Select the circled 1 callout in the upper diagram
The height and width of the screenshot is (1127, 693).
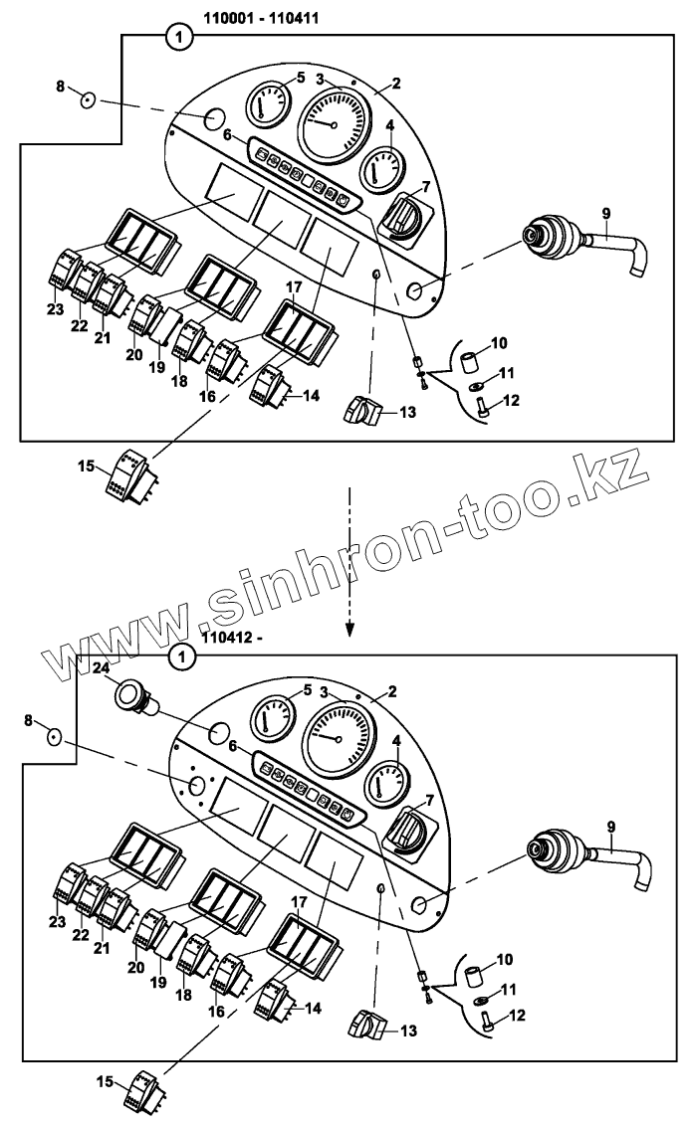(178, 38)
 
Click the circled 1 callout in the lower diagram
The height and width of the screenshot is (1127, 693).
(180, 657)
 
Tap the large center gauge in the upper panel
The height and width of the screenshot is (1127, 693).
(333, 123)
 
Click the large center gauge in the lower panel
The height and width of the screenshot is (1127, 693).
(339, 738)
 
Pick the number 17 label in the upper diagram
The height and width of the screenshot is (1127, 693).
(293, 287)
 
